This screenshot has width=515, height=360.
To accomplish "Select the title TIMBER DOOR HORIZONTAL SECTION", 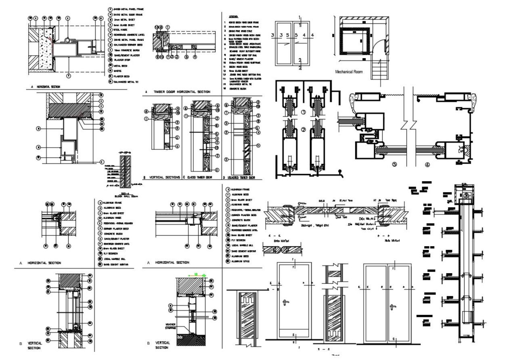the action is (182, 92).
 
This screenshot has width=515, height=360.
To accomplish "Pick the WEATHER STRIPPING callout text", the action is (170, 326).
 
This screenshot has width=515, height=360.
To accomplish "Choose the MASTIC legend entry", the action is (117, 71).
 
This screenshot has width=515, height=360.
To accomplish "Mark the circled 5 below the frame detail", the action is (394, 164).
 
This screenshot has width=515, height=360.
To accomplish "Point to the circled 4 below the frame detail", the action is (427, 164).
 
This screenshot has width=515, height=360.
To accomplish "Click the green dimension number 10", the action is (195, 274).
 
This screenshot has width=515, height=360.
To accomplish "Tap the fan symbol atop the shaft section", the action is (467, 196).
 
